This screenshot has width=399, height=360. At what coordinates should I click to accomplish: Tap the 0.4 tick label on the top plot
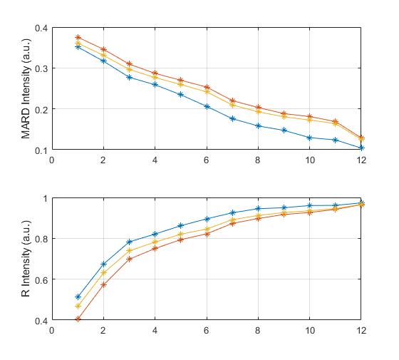click(x=39, y=29)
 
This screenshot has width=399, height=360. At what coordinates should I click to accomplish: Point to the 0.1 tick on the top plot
click(x=39, y=150)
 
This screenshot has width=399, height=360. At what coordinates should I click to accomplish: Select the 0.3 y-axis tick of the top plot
click(x=39, y=69)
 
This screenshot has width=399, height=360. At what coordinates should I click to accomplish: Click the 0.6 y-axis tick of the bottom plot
click(x=39, y=279)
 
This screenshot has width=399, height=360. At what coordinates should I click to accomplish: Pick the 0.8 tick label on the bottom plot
click(x=39, y=239)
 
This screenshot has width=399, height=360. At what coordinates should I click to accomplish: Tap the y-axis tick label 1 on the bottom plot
click(x=43, y=198)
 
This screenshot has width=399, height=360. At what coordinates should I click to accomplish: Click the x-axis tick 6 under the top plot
click(x=207, y=160)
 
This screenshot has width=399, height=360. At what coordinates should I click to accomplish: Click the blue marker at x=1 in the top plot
click(x=78, y=46)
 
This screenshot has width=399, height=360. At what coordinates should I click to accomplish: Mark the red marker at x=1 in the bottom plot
click(x=78, y=319)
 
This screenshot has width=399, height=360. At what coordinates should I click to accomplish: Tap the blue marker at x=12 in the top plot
click(x=361, y=148)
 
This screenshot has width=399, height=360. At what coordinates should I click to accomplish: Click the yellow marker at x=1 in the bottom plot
click(x=78, y=306)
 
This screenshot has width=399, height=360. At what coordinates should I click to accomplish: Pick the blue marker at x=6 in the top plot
click(x=207, y=107)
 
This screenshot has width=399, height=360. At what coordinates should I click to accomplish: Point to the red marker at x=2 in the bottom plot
click(x=103, y=284)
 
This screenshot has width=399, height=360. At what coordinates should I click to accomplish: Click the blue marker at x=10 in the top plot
click(x=310, y=138)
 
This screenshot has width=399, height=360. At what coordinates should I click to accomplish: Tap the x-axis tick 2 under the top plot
click(x=103, y=160)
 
